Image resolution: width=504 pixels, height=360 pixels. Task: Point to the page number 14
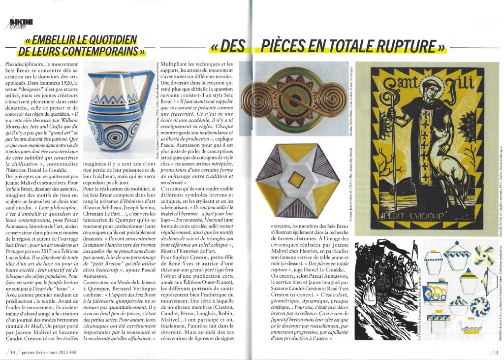click(x=11, y=352)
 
